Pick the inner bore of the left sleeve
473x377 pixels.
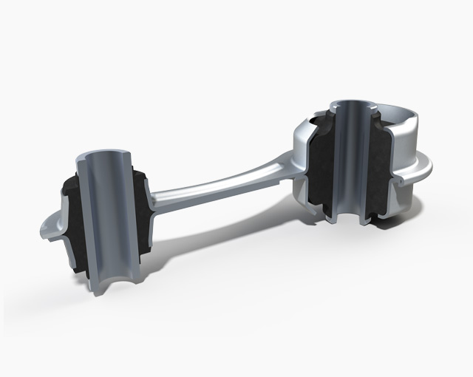point(103,214)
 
